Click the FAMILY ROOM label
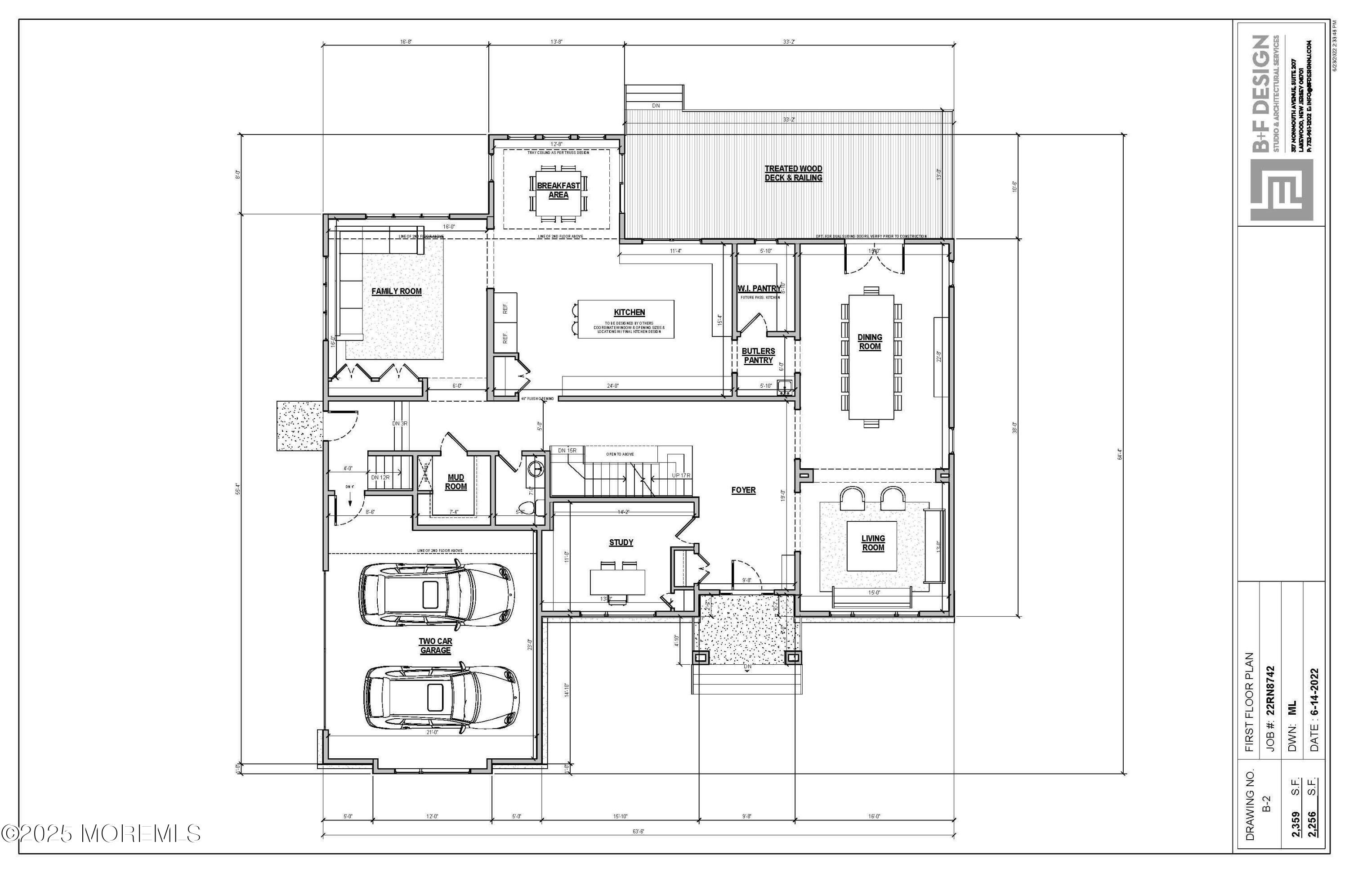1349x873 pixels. click(396, 291)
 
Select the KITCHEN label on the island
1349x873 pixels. click(629, 312)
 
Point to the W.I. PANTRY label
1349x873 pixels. click(759, 289)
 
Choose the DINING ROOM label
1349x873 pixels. click(870, 342)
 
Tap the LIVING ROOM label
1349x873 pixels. click(873, 542)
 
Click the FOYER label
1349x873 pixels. click(743, 490)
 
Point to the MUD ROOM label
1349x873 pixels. click(456, 482)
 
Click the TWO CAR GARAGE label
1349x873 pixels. click(435, 646)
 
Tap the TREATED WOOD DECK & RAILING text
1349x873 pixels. click(793, 173)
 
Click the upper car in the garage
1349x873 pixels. click(437, 595)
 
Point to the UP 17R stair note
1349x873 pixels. click(681, 475)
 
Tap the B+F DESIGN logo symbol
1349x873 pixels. click(1282, 190)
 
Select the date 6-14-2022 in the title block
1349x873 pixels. click(1315, 712)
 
